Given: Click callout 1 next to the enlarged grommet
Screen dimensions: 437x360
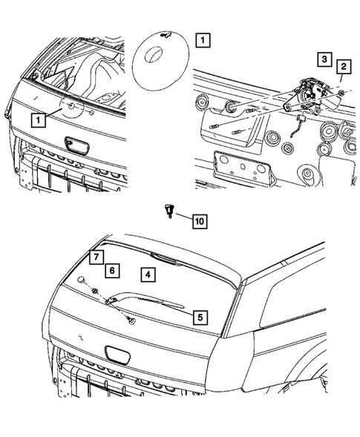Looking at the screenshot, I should [x=203, y=39].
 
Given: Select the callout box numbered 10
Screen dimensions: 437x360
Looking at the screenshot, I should [x=198, y=220].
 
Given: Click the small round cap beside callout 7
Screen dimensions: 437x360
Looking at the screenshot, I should [x=80, y=280].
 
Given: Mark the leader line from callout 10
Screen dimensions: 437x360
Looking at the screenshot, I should [x=181, y=217].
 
